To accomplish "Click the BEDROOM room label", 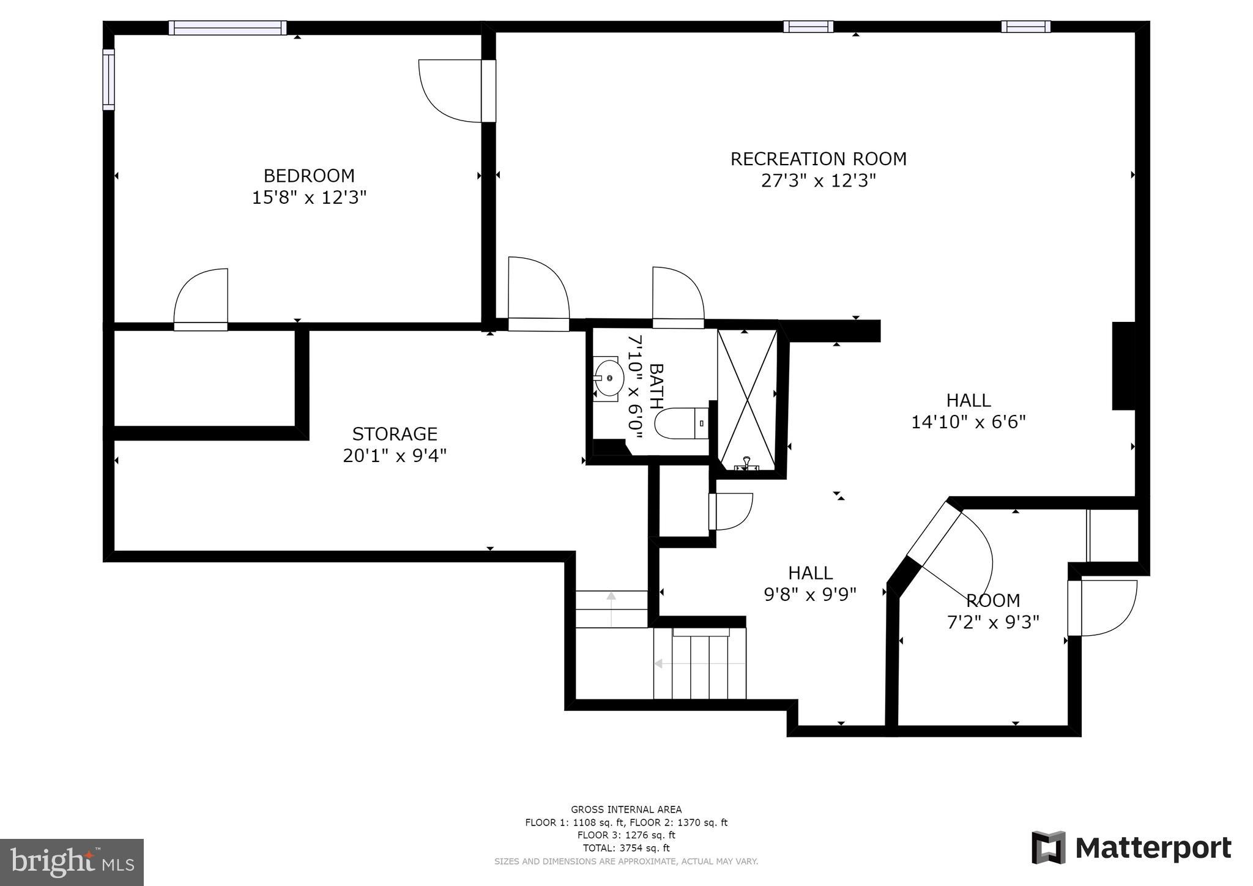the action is pos(309,176).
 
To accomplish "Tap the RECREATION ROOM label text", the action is pos(818,159).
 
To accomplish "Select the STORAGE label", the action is pos(395,434).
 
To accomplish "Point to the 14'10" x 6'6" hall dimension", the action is pos(969,422).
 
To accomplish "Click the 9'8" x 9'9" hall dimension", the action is pos(810,594).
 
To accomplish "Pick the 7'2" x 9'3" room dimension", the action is pos(993,622).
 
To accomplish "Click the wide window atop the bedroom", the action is pos(228,28).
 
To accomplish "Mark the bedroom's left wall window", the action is pos(108,80).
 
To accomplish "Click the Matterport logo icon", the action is pos(1049,847).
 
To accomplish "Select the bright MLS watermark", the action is pos(72,862).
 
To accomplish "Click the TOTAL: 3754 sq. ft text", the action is pos(626,848).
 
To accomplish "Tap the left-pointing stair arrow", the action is pos(699,663).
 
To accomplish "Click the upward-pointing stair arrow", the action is pos(611,609).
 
